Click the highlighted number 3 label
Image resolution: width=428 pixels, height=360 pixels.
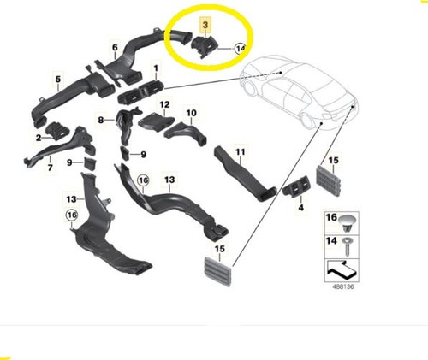pyautogui.click(x=205, y=25)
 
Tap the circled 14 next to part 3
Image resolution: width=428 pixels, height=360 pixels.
pyautogui.click(x=240, y=49)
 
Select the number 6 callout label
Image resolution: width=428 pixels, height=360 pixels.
pyautogui.click(x=115, y=47)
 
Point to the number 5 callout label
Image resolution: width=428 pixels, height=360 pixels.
pyautogui.click(x=58, y=79)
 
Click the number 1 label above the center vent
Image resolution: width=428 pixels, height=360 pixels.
pyautogui.click(x=156, y=68)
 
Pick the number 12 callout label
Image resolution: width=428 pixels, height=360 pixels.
pyautogui.click(x=164, y=104)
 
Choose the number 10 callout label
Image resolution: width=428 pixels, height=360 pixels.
pyautogui.click(x=191, y=113)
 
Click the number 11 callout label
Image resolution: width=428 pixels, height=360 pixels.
pyautogui.click(x=241, y=152)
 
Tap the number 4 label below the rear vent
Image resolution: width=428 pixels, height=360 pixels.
pyautogui.click(x=300, y=208)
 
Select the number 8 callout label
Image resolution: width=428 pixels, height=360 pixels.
pyautogui.click(x=100, y=120)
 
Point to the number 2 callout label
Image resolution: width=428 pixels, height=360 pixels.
pyautogui.click(x=39, y=139)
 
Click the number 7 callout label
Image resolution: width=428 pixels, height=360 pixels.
pyautogui.click(x=51, y=168)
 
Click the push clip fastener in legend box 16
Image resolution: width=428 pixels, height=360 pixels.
pyautogui.click(x=348, y=222)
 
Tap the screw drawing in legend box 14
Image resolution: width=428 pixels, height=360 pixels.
pyautogui.click(x=348, y=246)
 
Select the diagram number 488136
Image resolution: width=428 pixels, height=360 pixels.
pyautogui.click(x=343, y=286)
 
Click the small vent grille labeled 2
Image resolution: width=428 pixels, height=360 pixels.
pyautogui.click(x=56, y=131)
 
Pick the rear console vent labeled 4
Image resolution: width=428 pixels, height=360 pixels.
pyautogui.click(x=296, y=189)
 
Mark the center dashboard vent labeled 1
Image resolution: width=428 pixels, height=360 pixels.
pyautogui.click(x=140, y=92)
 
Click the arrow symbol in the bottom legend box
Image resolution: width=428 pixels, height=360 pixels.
pyautogui.click(x=342, y=269)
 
